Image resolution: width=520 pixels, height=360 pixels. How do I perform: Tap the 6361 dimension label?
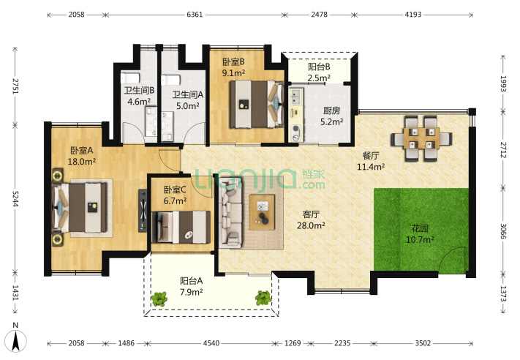195,15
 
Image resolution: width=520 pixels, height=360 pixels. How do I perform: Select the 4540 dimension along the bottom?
211,343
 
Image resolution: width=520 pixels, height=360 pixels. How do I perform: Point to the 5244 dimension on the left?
15,198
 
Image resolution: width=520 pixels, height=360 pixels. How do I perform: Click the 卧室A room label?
82,150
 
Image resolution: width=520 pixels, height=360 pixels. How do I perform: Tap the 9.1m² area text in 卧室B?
233,73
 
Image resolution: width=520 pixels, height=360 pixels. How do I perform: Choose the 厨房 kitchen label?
331,110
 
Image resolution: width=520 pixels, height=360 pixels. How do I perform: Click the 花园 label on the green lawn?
420,228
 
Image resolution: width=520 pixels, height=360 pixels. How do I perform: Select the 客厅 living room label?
311,214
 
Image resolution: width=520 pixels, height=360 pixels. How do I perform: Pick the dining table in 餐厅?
421,138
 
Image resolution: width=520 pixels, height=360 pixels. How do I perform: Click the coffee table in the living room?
262,212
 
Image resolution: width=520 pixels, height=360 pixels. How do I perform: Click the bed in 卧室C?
181,228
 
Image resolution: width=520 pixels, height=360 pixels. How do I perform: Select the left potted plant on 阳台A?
159,299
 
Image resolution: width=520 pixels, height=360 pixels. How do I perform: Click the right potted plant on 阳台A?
263,298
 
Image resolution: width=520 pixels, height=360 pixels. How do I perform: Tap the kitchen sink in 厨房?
295,97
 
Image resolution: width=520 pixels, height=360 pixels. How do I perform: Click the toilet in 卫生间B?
130,78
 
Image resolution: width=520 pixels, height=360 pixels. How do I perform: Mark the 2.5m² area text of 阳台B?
319,78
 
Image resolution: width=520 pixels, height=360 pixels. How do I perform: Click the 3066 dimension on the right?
503,231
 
